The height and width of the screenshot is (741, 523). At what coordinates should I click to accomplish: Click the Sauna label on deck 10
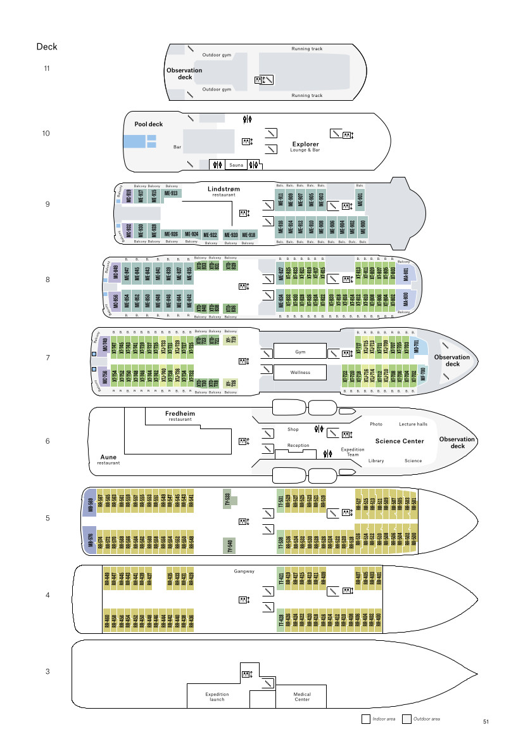[236, 165]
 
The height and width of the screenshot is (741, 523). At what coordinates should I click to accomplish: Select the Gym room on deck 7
[300, 352]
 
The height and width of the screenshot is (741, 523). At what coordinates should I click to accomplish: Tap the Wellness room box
[300, 372]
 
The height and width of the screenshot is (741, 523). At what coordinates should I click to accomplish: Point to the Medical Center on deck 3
[302, 697]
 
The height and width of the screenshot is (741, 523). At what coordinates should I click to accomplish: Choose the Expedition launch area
[217, 697]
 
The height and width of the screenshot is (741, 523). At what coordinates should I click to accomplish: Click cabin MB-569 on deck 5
[91, 505]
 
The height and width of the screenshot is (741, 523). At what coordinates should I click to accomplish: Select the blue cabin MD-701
[417, 347]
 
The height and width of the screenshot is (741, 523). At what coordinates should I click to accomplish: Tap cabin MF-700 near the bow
[422, 375]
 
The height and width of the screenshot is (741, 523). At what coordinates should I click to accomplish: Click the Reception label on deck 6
[298, 446]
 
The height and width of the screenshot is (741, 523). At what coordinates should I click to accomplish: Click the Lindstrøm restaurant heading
[224, 190]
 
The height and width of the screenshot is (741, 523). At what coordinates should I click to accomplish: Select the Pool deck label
[148, 124]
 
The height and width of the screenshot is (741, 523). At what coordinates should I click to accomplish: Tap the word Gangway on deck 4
[244, 571]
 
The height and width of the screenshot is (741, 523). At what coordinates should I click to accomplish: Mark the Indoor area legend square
[365, 719]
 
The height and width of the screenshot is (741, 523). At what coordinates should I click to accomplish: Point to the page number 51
[486, 721]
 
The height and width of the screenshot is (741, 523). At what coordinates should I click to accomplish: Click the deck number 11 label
[47, 68]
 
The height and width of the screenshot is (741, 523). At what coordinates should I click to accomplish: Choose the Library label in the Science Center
[376, 461]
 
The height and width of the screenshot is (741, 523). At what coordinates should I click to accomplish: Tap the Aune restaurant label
[108, 458]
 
